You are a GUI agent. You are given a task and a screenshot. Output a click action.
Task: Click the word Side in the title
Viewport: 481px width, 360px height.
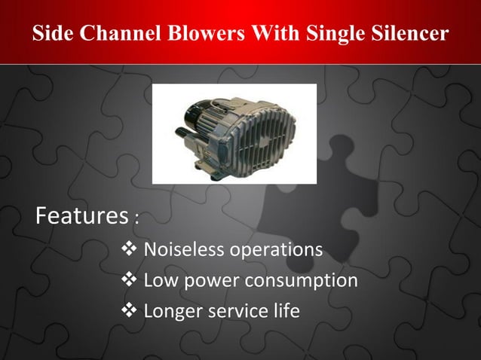coord(51,34)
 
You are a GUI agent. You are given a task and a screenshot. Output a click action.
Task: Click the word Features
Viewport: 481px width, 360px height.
coord(81,217)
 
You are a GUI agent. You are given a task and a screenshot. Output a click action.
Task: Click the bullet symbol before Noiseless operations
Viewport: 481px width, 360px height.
coord(129,249)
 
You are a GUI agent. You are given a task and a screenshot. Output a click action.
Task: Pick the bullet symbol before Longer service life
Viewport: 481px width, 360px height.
coord(129,310)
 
